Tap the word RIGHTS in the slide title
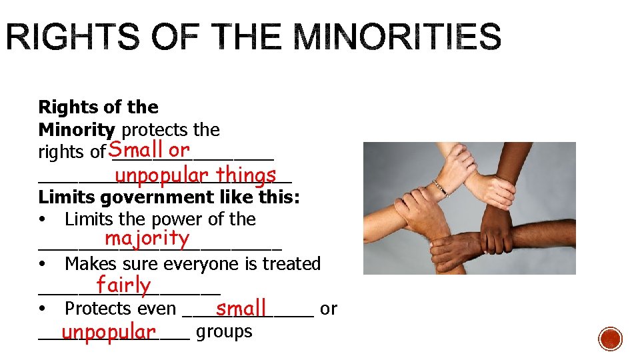pyautogui.click(x=61, y=37)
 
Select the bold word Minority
pyautogui.click(x=77, y=129)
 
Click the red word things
pyautogui.click(x=246, y=175)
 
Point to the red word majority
pyautogui.click(x=147, y=238)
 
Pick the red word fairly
pyautogui.click(x=123, y=285)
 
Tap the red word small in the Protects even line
pyautogui.click(x=241, y=309)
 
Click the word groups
pyautogui.click(x=224, y=331)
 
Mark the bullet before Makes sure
pyautogui.click(x=42, y=265)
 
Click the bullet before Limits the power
pyautogui.click(x=42, y=220)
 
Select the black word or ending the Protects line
pyautogui.click(x=329, y=309)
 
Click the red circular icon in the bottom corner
pyautogui.click(x=610, y=339)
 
